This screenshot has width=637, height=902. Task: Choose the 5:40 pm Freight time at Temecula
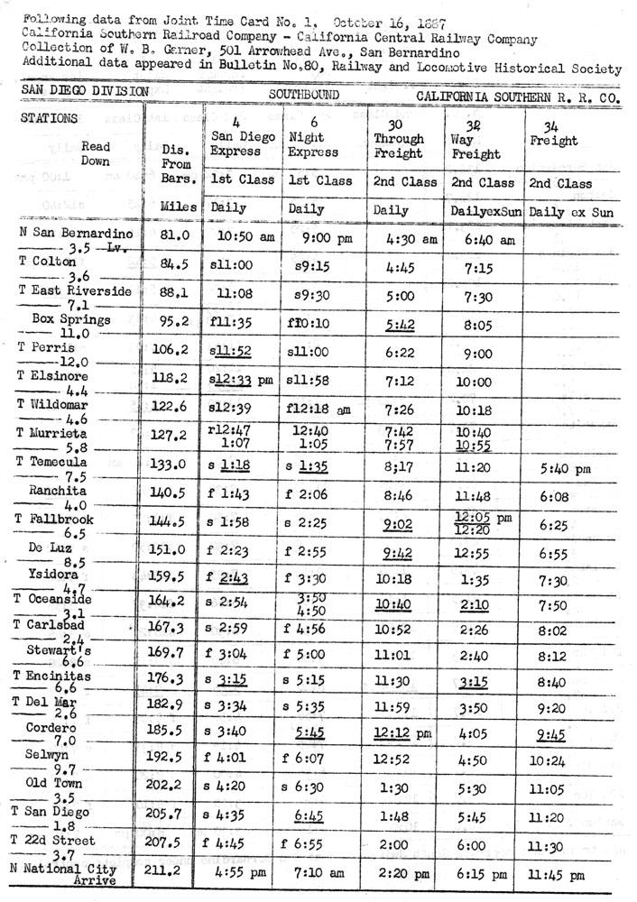point(565,468)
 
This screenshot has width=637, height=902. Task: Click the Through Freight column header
point(399,146)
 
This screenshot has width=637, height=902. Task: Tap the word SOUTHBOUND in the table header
point(304,93)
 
